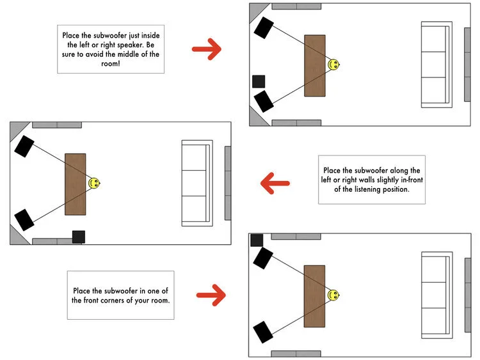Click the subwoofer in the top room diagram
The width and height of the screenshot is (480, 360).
pos(259,81)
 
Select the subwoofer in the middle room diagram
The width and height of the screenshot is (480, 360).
pos(79,237)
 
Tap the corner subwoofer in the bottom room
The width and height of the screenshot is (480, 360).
pos(257,240)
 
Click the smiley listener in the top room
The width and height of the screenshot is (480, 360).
pos(333,65)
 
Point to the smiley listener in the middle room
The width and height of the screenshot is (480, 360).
pos(94,184)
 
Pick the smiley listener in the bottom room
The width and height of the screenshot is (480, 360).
pos(333,295)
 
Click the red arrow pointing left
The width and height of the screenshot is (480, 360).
pos(275,185)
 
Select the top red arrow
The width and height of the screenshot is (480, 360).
pos(206,50)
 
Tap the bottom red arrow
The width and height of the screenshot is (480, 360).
pos(211,295)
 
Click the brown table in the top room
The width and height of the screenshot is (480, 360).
pos(315,65)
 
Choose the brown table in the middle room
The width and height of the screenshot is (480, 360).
pos(76,184)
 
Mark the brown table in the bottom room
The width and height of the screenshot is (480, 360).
pos(314,295)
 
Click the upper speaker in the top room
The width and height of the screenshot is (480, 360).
pos(264,28)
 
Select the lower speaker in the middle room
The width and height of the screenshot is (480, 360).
pos(24,220)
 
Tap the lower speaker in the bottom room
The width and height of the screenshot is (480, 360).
pos(263,332)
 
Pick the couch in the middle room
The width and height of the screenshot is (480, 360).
pos(196,184)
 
